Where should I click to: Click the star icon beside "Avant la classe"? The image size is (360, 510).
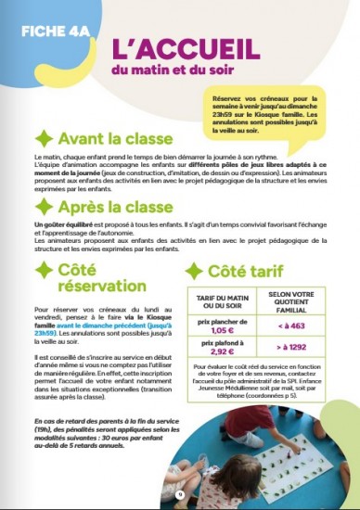(x=43, y=139)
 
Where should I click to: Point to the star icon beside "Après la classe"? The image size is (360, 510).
(x=43, y=207)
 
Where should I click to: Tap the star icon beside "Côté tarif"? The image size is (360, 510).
(x=195, y=271)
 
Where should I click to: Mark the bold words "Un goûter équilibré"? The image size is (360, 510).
(x=63, y=225)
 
